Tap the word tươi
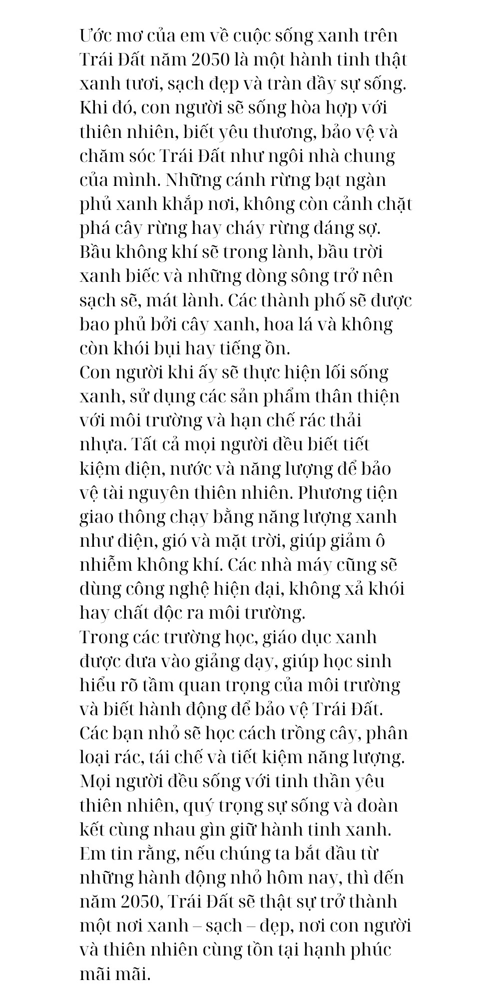tap(142, 84)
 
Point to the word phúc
tap(366, 949)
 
